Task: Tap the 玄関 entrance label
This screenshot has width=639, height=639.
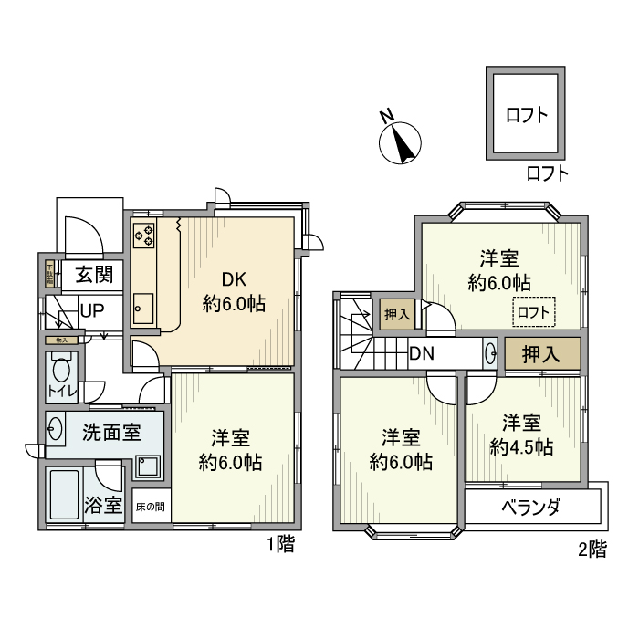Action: (x=93, y=274)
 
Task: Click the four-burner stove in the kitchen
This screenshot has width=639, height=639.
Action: (x=144, y=236)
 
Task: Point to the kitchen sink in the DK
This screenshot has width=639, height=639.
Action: (x=143, y=308)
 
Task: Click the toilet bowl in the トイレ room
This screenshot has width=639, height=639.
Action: (x=61, y=370)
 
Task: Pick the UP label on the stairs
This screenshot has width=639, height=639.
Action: (x=91, y=310)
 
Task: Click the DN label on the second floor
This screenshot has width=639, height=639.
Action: (x=421, y=353)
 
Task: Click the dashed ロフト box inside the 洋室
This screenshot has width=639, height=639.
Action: (x=533, y=312)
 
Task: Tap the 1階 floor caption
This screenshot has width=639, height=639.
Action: (x=279, y=546)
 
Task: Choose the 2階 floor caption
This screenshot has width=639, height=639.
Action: (x=591, y=550)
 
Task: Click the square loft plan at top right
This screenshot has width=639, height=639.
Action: (x=527, y=114)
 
